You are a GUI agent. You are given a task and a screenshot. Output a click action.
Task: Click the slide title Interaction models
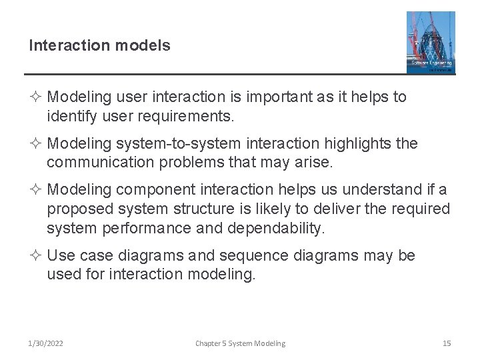click(99, 45)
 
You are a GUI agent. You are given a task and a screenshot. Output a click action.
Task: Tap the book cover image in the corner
click(431, 42)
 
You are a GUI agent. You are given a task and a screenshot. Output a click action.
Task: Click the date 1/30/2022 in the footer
click(46, 343)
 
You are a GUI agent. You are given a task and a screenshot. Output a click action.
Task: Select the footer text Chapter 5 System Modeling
click(240, 343)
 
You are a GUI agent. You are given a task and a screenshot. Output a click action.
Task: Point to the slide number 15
click(447, 343)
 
